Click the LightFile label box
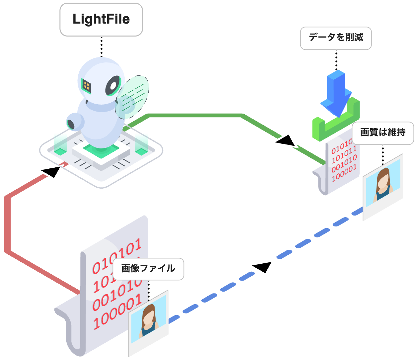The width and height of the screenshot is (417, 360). point(101,19)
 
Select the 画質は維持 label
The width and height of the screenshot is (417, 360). point(382,133)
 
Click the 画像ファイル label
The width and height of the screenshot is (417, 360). point(148,269)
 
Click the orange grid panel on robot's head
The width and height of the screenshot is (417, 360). point(87,86)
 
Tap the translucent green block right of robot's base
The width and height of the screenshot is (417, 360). point(141,144)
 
